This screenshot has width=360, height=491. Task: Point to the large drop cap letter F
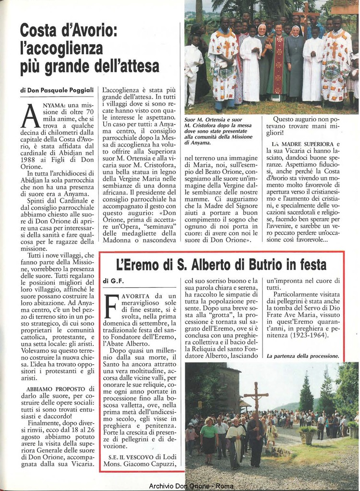pos(112,306)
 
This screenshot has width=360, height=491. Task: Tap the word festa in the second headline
pos(310,265)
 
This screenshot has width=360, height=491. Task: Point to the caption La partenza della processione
pos(302,356)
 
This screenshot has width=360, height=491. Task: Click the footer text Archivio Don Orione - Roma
pos(191,486)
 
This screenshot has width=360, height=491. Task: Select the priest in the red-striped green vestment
pos(278,62)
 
